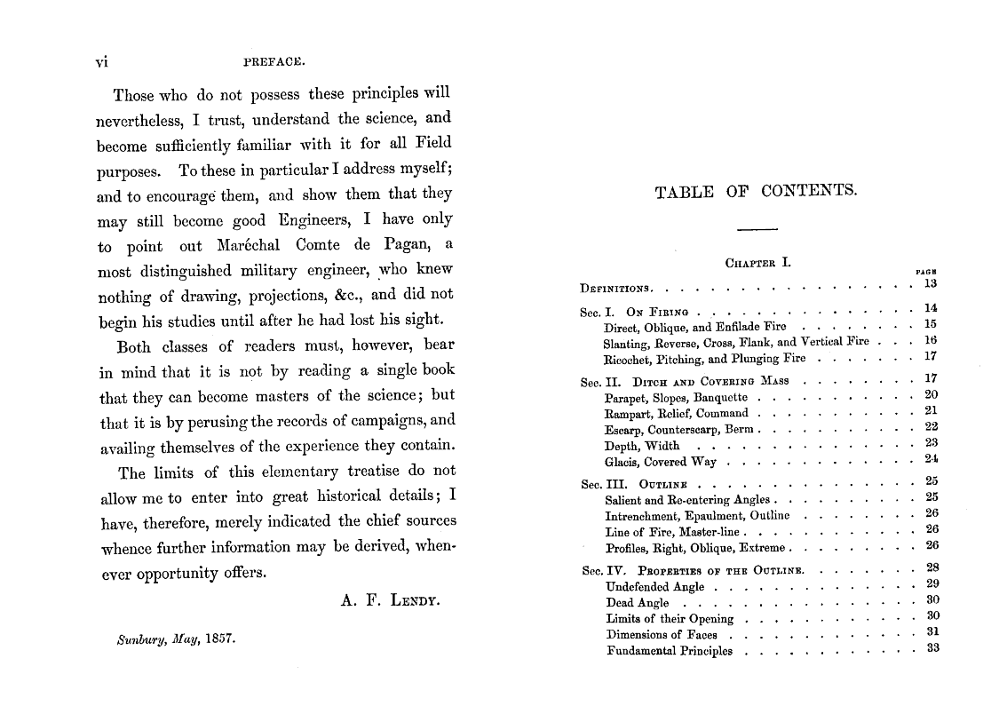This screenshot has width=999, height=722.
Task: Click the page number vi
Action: pos(101,63)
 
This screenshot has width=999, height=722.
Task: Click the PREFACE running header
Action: pos(274,63)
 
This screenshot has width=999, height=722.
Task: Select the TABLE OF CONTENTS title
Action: pos(756,191)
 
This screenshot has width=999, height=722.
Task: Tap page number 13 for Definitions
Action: pos(931,283)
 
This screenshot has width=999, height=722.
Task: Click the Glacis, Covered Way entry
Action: pos(660,462)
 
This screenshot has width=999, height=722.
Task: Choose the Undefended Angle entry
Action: pos(655,586)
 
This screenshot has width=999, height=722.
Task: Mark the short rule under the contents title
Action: pos(756,229)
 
